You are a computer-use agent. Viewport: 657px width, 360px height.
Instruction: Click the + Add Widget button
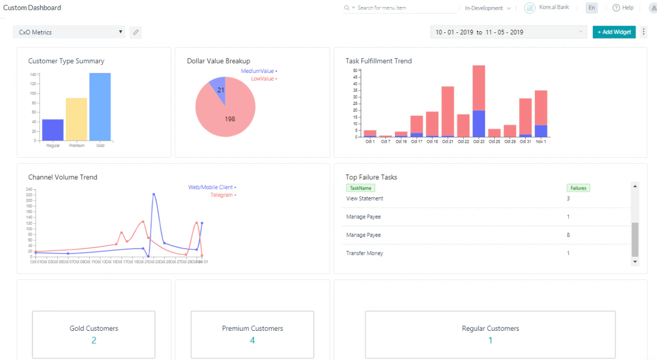[x=614, y=32]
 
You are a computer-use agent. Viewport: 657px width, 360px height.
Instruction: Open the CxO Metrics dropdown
[x=69, y=32]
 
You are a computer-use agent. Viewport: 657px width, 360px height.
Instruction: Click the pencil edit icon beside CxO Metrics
[x=136, y=32]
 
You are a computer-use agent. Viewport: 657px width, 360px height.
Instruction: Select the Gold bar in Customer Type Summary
[x=100, y=106]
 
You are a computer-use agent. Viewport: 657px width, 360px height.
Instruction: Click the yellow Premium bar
[x=76, y=119]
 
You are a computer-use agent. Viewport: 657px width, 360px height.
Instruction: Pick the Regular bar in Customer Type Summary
[x=52, y=130]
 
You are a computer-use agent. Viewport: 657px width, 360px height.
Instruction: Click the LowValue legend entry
[x=264, y=79]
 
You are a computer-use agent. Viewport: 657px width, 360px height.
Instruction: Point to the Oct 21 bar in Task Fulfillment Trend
[x=447, y=111]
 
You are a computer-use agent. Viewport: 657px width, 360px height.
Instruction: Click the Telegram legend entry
[x=223, y=195]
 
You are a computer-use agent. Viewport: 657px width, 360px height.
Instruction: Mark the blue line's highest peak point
[x=154, y=194]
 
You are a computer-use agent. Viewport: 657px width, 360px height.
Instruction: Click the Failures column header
[x=578, y=188]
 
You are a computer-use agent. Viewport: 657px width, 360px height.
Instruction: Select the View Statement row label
[x=365, y=198]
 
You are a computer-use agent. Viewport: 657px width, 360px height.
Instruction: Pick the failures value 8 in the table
[x=568, y=235]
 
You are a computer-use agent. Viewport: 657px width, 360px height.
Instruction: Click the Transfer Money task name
[x=365, y=253]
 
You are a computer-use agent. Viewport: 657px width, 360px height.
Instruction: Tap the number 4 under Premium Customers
[x=252, y=341]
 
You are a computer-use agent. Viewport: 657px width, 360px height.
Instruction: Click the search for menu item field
[x=403, y=8]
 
